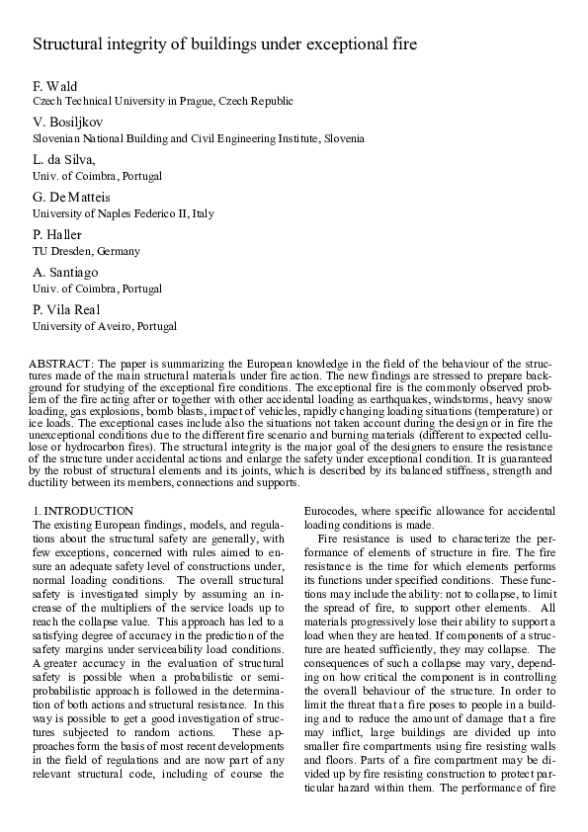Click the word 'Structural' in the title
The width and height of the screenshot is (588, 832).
(x=66, y=44)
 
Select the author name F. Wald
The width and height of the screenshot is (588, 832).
(x=53, y=86)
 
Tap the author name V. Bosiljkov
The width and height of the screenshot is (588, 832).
(x=64, y=123)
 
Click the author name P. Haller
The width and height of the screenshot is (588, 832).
(x=57, y=235)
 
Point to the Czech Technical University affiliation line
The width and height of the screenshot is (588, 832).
(x=163, y=102)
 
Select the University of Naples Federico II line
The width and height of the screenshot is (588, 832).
(x=124, y=213)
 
